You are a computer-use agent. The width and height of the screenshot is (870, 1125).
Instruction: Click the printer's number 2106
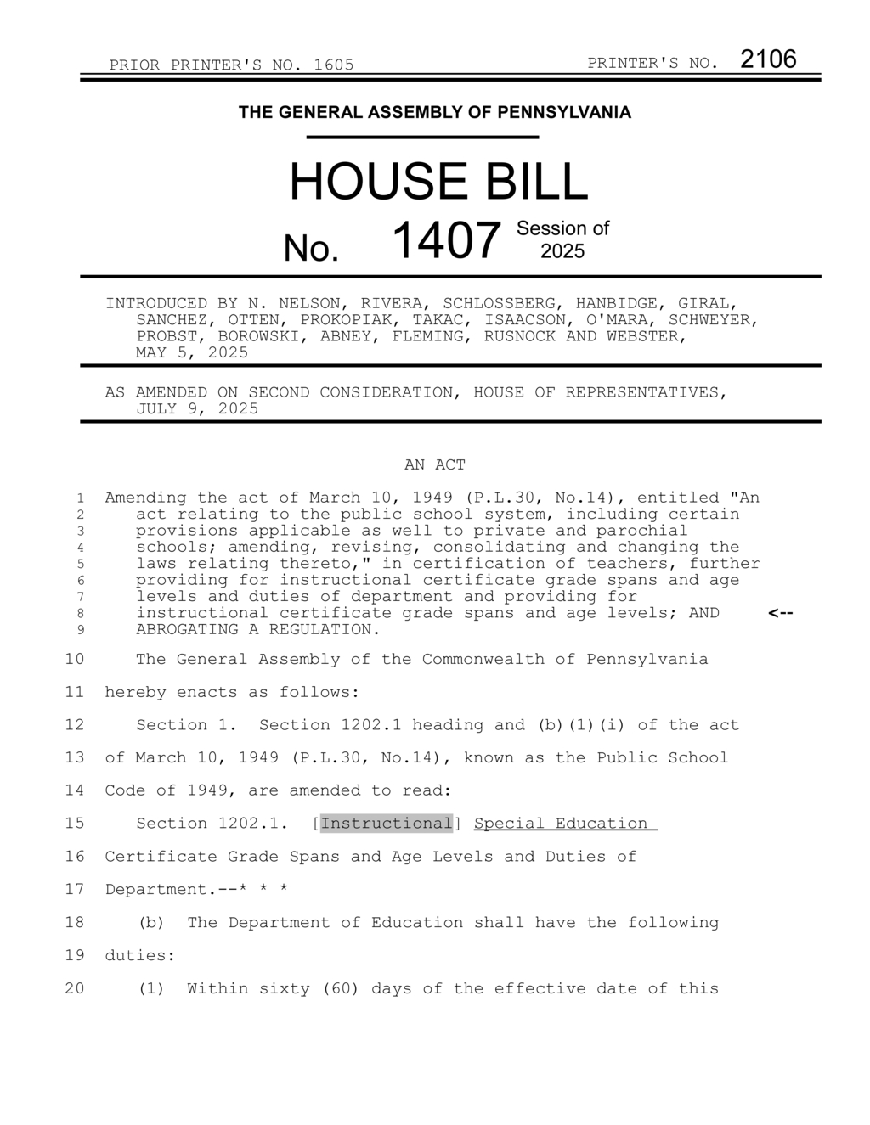[768, 59]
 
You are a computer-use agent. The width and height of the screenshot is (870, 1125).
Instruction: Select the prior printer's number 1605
[334, 65]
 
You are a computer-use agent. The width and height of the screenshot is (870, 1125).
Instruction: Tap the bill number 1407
[446, 240]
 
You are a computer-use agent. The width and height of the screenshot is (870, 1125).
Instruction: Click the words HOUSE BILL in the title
[438, 182]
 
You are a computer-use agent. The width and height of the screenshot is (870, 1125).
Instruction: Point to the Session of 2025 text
[562, 239]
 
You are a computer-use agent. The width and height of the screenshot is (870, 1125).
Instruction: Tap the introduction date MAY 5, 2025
[192, 352]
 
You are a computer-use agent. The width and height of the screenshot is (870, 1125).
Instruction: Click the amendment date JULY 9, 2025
[197, 408]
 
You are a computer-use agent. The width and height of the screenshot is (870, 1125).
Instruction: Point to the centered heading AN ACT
[435, 464]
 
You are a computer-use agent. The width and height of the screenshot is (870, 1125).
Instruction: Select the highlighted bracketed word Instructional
[387, 824]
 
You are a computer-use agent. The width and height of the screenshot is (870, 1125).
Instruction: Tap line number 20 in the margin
[75, 988]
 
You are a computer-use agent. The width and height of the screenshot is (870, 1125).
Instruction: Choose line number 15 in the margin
[75, 824]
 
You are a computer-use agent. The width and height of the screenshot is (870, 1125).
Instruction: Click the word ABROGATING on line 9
[187, 630]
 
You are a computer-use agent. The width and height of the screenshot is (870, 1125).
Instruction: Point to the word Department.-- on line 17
[161, 890]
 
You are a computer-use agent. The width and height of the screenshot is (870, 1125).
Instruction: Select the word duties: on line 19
[140, 955]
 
